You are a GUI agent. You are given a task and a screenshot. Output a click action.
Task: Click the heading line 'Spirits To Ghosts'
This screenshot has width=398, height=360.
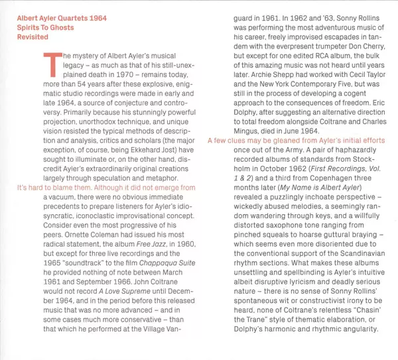(45, 28)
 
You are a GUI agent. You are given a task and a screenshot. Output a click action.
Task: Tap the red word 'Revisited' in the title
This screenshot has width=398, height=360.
(32, 37)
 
